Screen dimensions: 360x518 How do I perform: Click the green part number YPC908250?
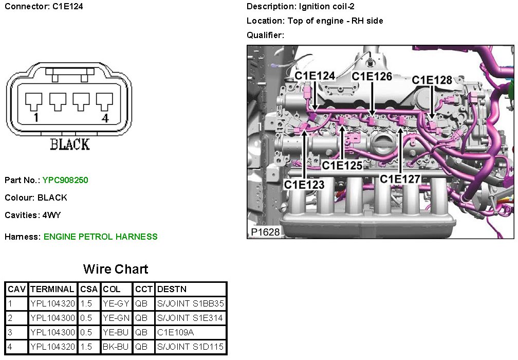65,180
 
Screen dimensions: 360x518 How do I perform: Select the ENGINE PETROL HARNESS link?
100,237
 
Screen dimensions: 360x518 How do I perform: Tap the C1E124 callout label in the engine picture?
314,76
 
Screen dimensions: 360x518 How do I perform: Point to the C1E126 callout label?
372,76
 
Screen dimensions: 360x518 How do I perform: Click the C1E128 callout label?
432,80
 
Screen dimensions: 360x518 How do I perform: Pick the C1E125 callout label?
342,166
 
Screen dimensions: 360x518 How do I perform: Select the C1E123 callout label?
304,184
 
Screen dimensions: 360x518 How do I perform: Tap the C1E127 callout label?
400,178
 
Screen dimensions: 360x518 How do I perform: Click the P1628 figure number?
265,232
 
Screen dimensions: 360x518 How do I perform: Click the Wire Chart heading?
116,269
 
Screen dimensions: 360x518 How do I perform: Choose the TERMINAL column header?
52,289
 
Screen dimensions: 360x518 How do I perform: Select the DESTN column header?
172,289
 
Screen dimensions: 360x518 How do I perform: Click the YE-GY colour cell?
116,303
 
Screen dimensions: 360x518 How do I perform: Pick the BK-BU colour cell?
116,347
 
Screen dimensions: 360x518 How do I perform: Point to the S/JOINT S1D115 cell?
190,347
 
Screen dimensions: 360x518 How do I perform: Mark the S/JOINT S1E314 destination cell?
190,318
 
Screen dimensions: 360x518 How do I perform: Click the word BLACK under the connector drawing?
70,145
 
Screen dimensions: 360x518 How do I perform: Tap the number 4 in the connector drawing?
105,118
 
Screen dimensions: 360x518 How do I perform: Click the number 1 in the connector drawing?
35,118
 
